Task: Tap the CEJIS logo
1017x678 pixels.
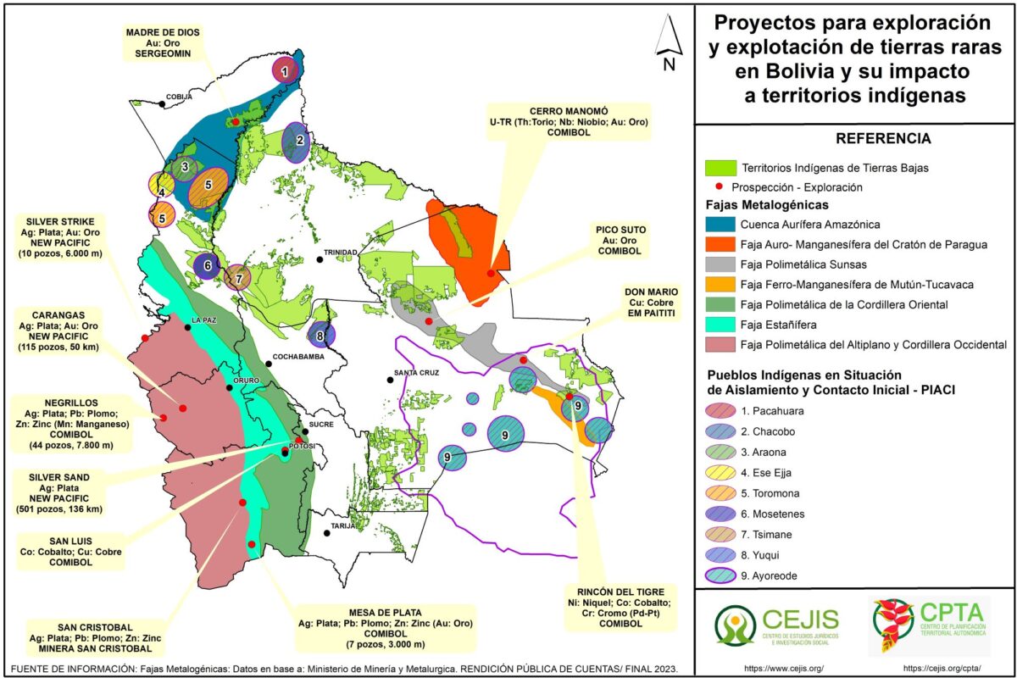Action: (775, 625)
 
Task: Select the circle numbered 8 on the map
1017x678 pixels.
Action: (320, 336)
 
